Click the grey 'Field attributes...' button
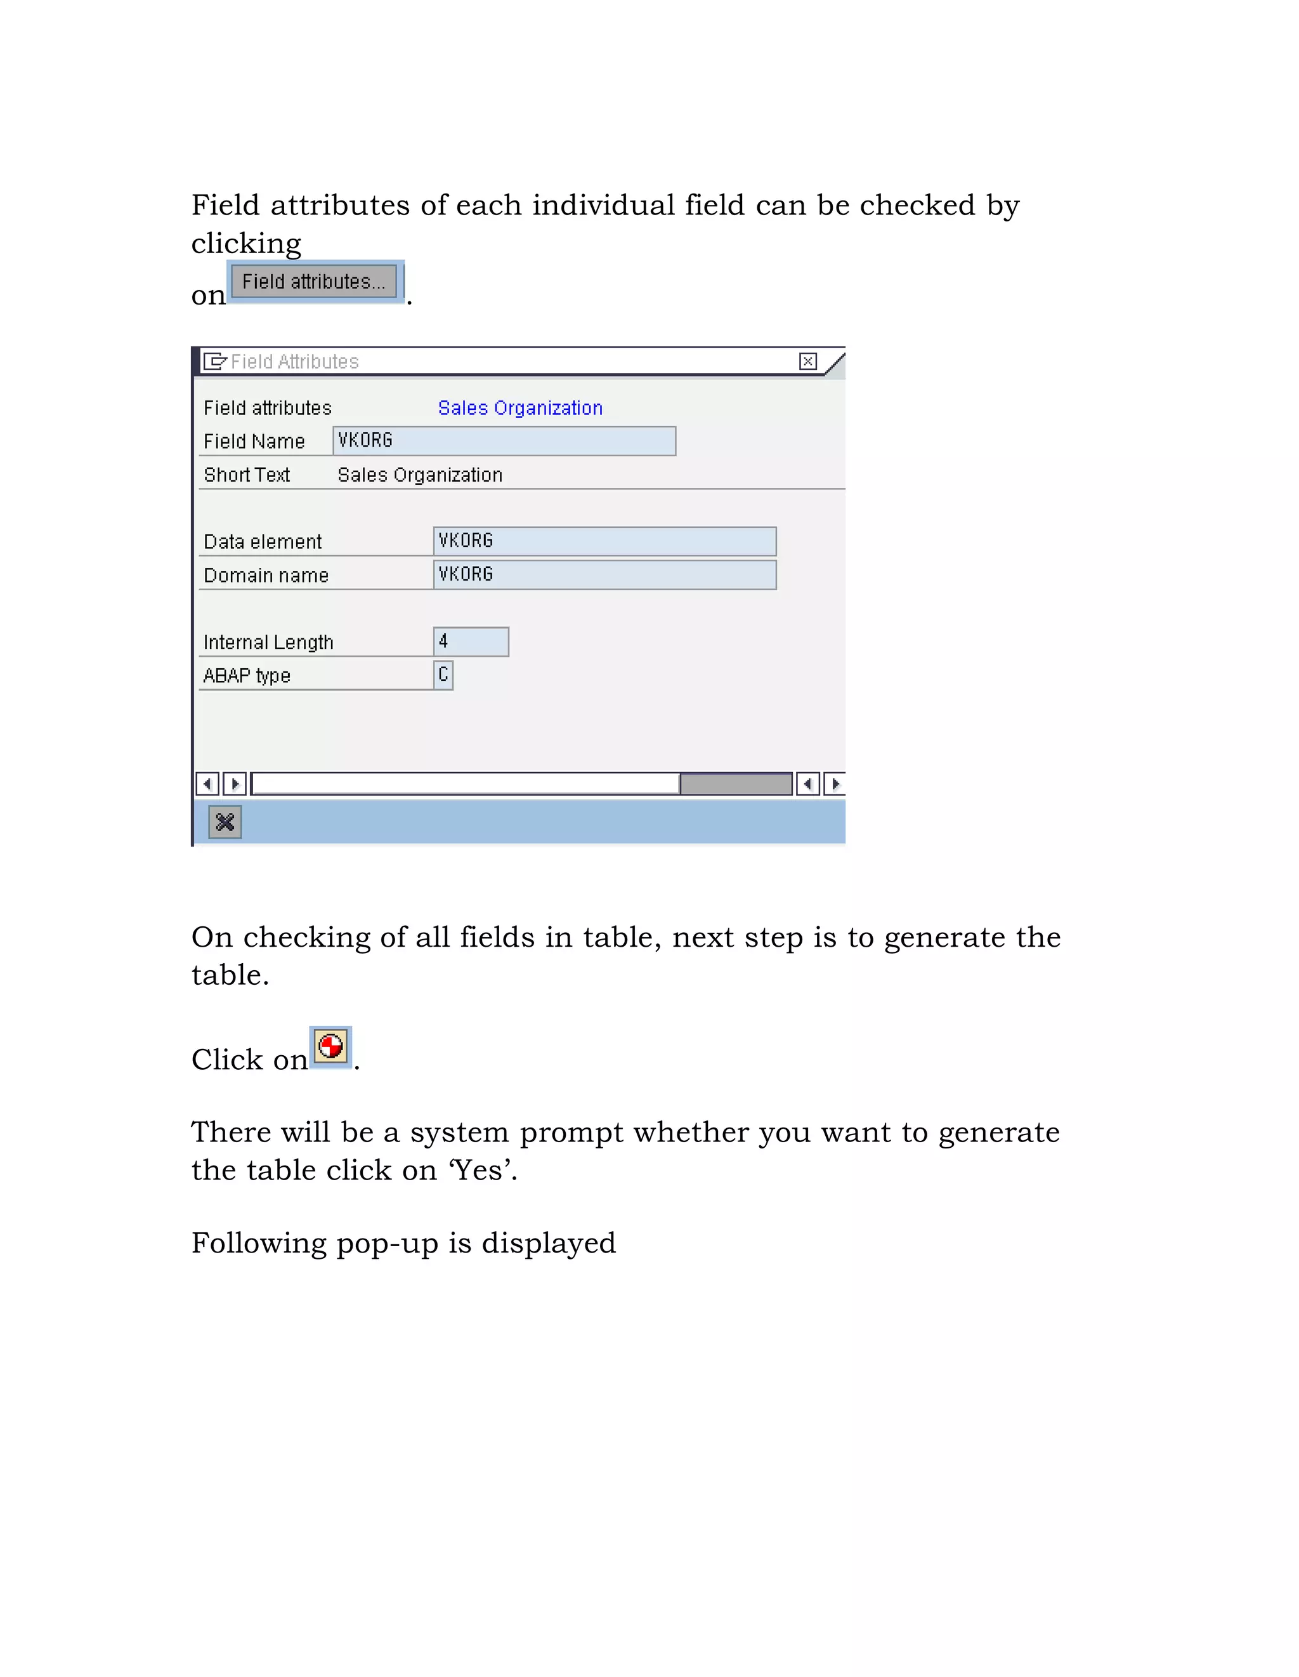[314, 281]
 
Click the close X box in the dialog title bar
[807, 361]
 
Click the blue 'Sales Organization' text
[519, 408]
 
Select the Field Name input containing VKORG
[504, 441]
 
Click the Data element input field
[604, 541]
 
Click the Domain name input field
[604, 574]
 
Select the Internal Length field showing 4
[471, 641]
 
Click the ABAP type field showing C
[443, 675]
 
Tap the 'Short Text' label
[247, 475]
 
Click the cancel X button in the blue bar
[225, 822]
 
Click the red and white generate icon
[330, 1046]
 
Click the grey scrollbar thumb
[736, 783]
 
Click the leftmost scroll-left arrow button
[207, 783]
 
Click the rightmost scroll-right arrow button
[835, 783]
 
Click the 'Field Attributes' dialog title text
[295, 361]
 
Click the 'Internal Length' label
[268, 642]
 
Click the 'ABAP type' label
[247, 676]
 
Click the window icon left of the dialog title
[214, 361]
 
